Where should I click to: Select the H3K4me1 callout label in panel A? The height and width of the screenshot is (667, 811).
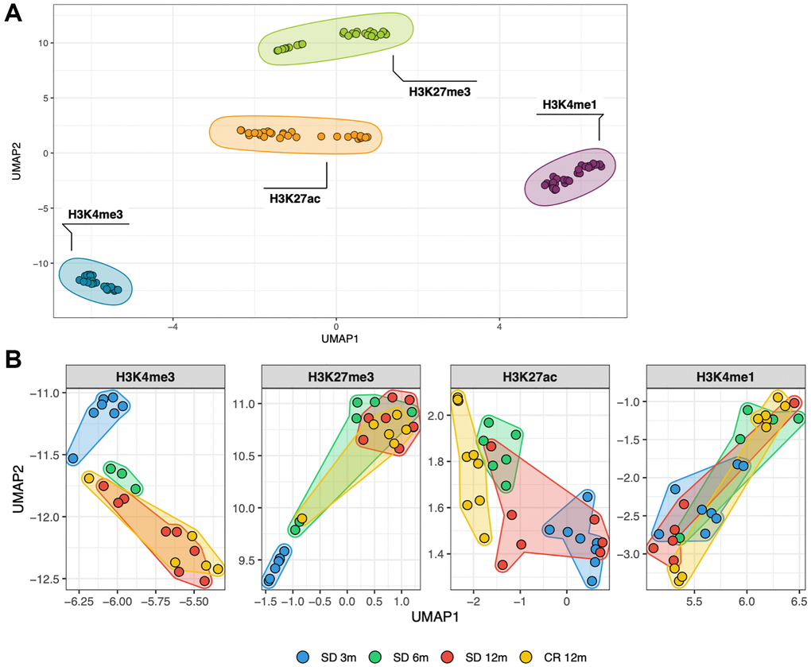568,104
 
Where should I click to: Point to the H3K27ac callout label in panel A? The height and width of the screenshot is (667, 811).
295,198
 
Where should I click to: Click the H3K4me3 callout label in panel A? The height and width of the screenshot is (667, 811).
95,214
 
